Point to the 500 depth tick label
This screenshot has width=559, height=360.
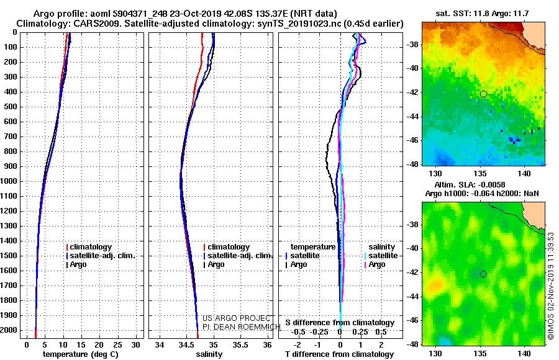11,107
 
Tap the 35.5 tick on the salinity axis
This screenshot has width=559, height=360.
240,344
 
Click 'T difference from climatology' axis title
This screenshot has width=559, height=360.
339,354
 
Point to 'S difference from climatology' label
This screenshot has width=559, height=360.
339,323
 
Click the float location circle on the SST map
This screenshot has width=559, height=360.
483,94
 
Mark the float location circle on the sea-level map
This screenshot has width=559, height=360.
483,274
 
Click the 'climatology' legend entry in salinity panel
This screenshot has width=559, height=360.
229,247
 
